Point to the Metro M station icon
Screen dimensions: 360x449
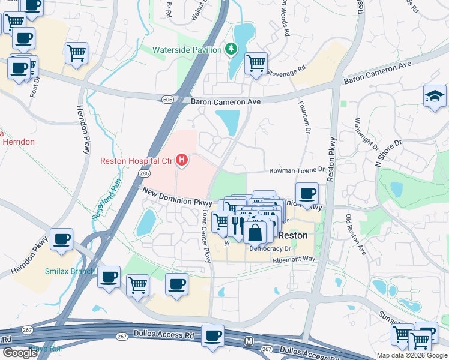pos(249,341)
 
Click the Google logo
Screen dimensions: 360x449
pos(20,352)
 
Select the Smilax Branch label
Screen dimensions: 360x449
pos(69,271)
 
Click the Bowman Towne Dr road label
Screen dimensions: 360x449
pos(297,171)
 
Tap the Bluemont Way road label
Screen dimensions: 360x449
pos(294,259)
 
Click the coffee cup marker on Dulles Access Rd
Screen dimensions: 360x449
pos(212,335)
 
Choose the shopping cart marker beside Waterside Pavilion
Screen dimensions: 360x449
pos(256,62)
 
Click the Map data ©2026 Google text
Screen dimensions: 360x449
pos(411,355)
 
